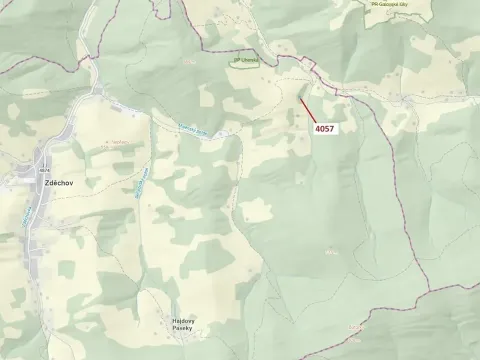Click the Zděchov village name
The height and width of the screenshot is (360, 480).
52,185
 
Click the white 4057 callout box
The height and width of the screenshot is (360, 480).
325,129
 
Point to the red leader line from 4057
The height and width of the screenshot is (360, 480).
308,109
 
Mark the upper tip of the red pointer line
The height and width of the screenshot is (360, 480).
300,97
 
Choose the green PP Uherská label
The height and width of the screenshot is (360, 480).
246,60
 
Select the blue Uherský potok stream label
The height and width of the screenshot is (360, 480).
191,126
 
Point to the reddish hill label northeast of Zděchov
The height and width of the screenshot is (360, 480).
114,143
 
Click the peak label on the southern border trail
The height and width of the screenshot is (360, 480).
355,327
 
